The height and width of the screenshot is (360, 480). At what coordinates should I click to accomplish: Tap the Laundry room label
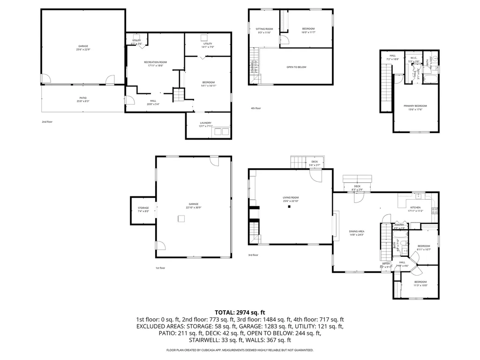[206, 123]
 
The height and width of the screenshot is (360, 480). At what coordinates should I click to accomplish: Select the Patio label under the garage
[82, 99]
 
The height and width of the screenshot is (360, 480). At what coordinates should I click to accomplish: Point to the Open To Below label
[296, 67]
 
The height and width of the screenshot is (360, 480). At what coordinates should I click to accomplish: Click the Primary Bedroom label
[415, 106]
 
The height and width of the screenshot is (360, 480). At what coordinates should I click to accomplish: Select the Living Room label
[291, 198]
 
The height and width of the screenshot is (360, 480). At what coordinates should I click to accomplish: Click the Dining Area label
[357, 232]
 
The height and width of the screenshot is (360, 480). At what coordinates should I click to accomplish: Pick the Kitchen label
[415, 208]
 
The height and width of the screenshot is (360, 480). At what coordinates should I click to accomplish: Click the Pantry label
[399, 225]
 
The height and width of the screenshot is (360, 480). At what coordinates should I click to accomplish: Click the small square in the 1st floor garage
[180, 218]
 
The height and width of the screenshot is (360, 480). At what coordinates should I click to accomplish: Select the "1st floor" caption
[160, 268]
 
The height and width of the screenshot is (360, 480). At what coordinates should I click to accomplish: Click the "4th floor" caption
[255, 108]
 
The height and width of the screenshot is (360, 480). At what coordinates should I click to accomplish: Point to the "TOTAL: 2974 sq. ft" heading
[240, 312]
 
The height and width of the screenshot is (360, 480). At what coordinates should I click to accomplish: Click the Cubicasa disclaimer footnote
[240, 350]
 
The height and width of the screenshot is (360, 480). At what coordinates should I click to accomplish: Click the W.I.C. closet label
[413, 59]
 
